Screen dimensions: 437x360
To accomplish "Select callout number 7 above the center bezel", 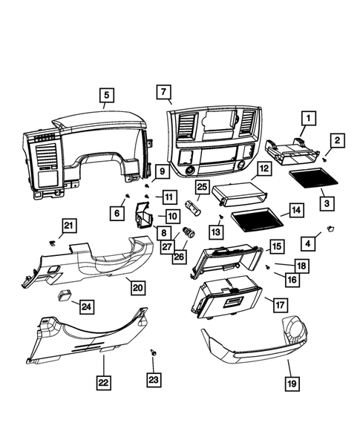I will pos(163,92).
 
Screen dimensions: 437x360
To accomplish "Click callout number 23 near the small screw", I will pos(153,378).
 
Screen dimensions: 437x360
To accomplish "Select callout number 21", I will pos(68,226).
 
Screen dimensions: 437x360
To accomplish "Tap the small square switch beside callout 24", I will pos(65,294).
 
